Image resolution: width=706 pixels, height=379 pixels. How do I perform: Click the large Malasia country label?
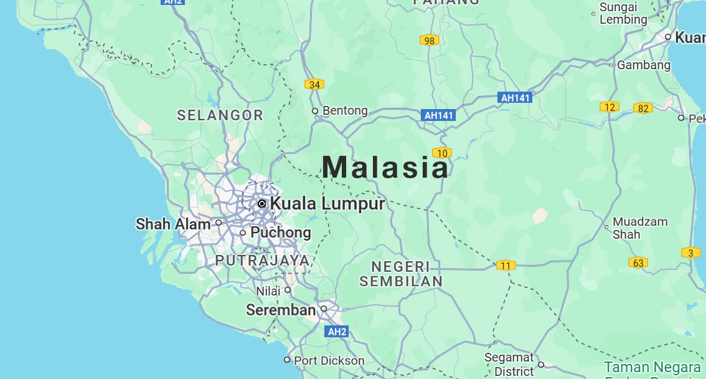coord(385,167)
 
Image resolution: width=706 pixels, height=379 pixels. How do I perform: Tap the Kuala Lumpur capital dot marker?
coord(262,204)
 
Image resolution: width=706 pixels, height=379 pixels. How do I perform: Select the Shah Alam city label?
coord(173,224)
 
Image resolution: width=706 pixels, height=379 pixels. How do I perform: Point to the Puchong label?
coord(280,233)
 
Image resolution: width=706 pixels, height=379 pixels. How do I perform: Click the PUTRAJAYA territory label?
coord(262,260)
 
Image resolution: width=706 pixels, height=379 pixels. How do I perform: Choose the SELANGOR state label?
coord(220,115)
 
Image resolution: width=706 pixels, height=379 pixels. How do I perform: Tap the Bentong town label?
coord(345,111)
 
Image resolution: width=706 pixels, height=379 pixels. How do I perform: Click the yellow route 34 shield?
coord(314,85)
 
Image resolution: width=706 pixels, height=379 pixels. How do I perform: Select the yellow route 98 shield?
coord(429,41)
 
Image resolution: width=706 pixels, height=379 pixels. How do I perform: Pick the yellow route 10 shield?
coord(442,153)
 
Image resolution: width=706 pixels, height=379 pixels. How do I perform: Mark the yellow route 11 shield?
coord(506,266)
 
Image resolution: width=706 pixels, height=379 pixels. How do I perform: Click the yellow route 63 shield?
coord(638,263)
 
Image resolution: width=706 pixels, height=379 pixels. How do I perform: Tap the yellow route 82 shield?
coord(643,108)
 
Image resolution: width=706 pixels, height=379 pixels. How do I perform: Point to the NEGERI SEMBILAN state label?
coord(401,274)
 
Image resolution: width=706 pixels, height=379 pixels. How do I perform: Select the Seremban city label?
coord(281,310)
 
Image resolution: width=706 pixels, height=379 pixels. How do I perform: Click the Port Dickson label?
coord(329,360)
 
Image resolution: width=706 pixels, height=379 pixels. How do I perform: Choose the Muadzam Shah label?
coord(640,228)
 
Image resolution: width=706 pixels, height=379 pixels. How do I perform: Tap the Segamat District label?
coord(509,364)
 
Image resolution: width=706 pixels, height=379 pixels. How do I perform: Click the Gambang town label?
coord(644,65)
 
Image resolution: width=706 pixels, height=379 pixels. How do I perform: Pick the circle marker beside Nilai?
coord(288,290)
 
